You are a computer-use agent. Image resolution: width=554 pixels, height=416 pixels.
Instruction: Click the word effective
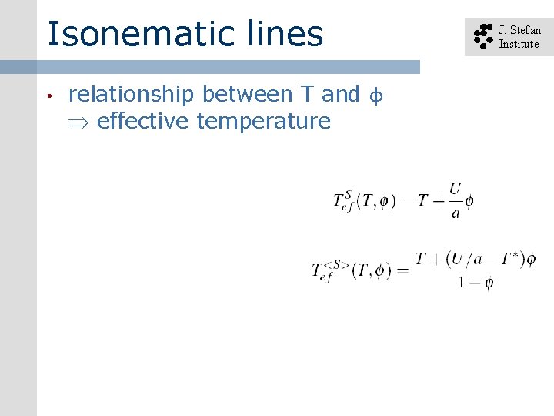[x=144, y=121]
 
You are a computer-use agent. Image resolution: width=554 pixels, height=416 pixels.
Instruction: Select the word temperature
[x=263, y=122]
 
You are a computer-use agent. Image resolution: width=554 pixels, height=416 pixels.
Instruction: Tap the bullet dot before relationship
[x=48, y=96]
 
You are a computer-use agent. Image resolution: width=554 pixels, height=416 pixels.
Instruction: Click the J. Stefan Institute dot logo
[x=482, y=37]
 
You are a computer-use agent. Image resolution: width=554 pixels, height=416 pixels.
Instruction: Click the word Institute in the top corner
[x=519, y=44]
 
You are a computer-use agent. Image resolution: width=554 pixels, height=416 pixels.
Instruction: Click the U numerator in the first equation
[x=456, y=188]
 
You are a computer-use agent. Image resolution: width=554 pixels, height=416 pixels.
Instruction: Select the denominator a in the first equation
[x=456, y=213]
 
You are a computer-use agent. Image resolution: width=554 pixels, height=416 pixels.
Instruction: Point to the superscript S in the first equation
[x=347, y=193]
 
